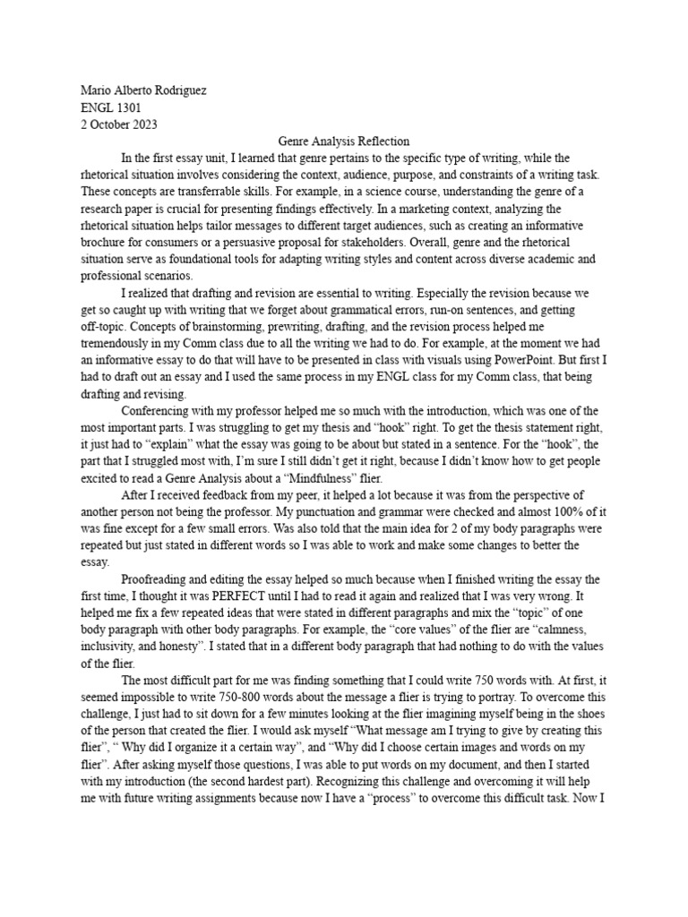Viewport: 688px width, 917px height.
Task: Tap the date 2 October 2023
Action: [x=119, y=124]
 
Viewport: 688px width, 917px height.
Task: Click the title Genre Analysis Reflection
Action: [x=343, y=141]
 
